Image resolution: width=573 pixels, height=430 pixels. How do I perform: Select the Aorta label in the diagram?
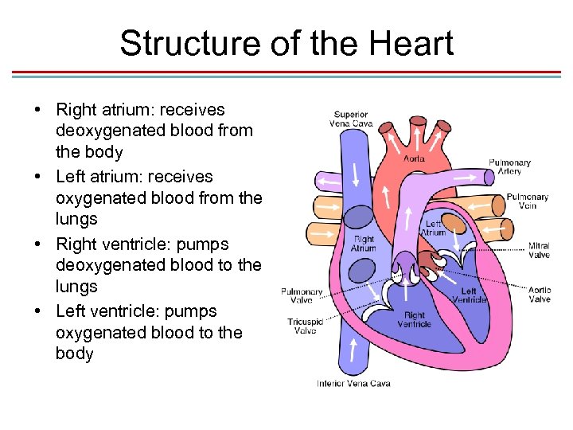[x=414, y=158]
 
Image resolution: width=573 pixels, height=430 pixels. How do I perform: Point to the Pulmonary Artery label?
[x=509, y=166]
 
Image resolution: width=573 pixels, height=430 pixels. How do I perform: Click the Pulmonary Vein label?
[x=527, y=201]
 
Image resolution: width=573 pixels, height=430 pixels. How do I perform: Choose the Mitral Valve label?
[x=539, y=251]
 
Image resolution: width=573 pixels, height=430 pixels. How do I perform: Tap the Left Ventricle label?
[x=469, y=296]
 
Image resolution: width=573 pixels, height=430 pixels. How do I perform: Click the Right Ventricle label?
[x=414, y=320]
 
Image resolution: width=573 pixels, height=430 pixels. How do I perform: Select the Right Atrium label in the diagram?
[x=363, y=244]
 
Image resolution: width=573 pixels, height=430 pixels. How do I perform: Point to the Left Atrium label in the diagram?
[x=434, y=229]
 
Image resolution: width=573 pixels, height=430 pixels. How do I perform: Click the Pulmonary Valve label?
[x=302, y=296]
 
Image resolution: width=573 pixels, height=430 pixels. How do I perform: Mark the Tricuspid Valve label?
[x=305, y=326]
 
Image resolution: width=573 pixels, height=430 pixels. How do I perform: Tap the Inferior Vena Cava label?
[x=353, y=383]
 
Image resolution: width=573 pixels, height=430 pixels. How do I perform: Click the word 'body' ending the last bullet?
[x=74, y=354]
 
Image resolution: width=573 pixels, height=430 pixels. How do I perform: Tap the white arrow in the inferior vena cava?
[x=353, y=349]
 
